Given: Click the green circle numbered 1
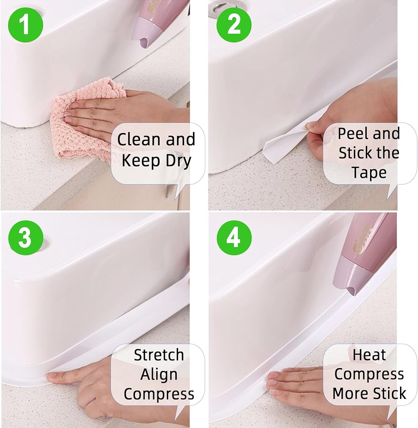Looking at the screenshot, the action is coord(26,25).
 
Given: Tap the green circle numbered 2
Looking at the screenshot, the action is coord(234,25).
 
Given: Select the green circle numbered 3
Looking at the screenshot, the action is coord(26,238).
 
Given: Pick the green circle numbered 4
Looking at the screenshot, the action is coord(234,238).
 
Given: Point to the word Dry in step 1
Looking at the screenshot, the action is coord(178,161).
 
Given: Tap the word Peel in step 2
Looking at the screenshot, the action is coord(353,134).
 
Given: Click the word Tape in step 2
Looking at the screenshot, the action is coord(369,172).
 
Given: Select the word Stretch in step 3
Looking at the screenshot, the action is coord(159,355).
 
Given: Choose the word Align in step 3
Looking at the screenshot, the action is coord(159,374).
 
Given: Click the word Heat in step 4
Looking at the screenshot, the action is coord(369,355).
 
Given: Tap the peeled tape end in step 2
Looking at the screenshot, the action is coord(284,145).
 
